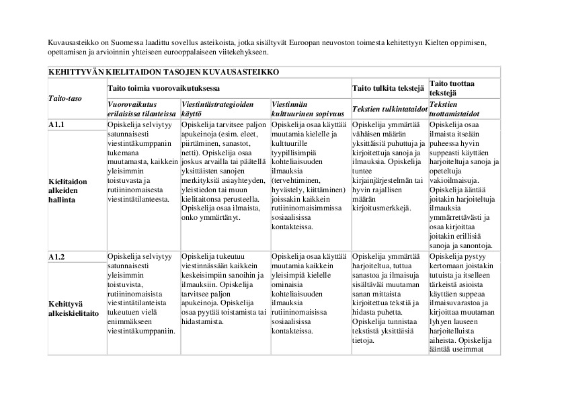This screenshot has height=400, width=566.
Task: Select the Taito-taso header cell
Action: (x=65, y=98)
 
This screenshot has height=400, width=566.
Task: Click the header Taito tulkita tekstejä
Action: (x=389, y=87)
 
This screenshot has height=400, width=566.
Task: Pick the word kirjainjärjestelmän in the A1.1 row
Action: (x=380, y=179)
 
